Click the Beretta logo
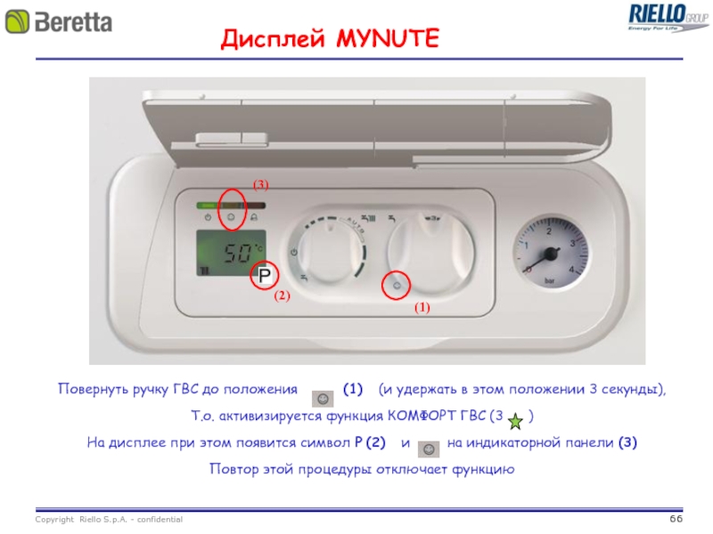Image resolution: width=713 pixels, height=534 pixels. tap(59, 21)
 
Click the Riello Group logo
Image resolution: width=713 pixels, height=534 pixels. tap(668, 17)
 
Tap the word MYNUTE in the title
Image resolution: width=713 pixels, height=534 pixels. tap(388, 38)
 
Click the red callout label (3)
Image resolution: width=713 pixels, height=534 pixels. tap(260, 185)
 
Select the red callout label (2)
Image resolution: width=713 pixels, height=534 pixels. tap(282, 295)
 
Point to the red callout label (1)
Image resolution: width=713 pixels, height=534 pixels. tap(422, 307)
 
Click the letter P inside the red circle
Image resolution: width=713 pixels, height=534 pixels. tap(265, 275)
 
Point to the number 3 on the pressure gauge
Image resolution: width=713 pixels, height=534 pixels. tap(572, 244)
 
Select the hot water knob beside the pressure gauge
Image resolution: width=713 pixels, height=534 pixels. tap(430, 253)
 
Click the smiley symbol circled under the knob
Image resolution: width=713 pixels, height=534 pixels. tap(397, 286)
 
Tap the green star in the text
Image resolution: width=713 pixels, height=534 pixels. tap(515, 421)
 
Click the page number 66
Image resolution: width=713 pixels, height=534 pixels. tap(676, 519)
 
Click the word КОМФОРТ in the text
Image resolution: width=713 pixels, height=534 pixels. tap(422, 416)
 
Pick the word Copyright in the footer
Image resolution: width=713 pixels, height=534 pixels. tap(54, 520)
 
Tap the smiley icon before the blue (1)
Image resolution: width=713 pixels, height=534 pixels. tap(323, 399)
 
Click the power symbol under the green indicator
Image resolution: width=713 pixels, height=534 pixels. tap(208, 217)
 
